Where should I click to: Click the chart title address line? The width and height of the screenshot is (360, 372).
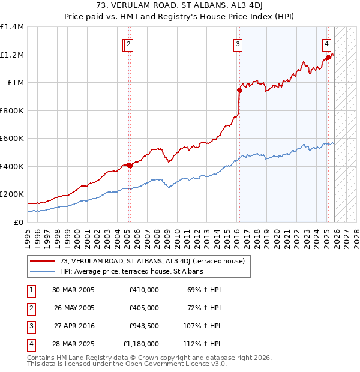179,7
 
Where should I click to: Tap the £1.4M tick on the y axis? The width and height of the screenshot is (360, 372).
12,27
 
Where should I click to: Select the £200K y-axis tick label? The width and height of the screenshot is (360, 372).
12,194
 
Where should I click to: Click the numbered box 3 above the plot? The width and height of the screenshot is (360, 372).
238,43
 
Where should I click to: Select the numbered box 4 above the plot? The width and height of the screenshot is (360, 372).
326,43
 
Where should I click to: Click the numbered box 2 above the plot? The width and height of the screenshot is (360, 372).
129,43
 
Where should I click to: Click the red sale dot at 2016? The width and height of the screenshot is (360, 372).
239,91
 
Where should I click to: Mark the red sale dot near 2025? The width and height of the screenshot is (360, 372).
328,58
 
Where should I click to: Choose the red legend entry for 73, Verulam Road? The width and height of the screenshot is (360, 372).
152,261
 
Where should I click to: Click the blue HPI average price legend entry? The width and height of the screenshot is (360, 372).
131,271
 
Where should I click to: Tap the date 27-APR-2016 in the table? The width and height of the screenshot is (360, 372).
73,326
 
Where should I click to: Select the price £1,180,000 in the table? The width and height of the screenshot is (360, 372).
141,344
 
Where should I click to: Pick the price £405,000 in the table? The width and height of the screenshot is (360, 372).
143,308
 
